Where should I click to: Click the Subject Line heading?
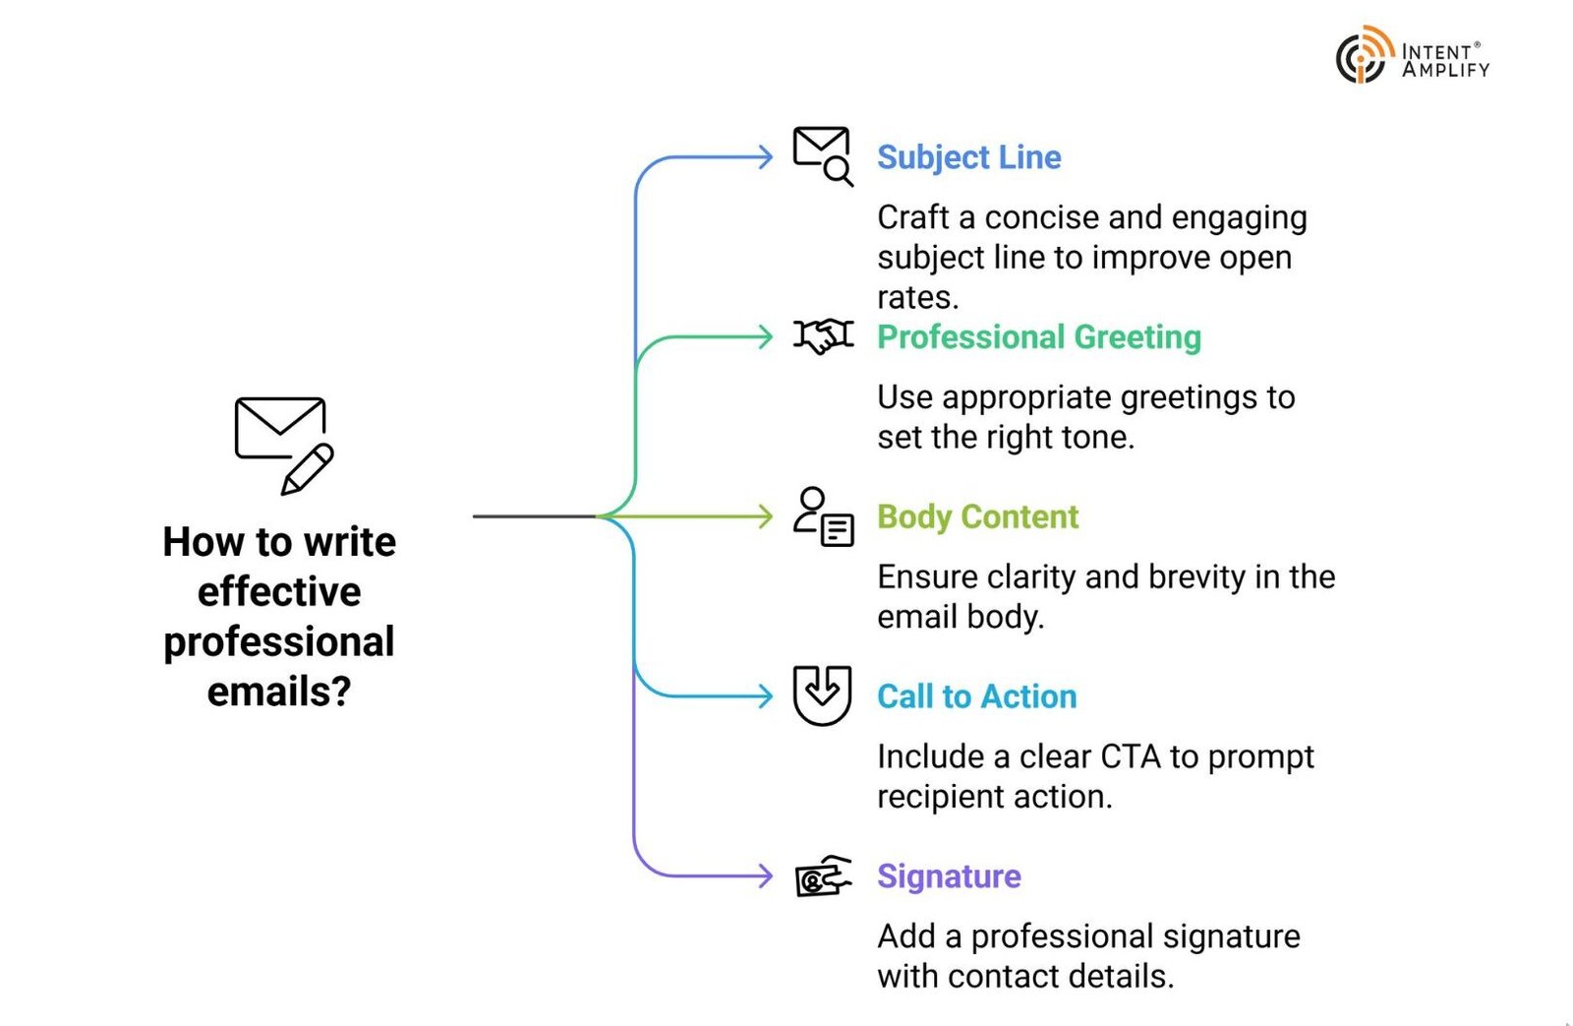(968, 157)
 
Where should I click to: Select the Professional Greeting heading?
(1038, 337)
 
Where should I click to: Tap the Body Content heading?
(977, 517)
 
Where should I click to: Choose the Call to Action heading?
(976, 696)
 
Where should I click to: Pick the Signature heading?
(949, 876)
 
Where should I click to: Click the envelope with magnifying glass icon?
(823, 155)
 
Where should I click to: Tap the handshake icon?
(824, 336)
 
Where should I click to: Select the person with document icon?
(823, 516)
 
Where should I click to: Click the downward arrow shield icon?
(822, 695)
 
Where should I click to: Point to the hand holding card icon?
(823, 875)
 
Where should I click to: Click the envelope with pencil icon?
(283, 444)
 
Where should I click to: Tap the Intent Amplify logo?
(1412, 56)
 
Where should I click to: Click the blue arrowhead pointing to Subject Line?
(765, 157)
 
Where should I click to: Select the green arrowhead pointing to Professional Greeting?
(765, 337)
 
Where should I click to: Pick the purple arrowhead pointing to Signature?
(765, 876)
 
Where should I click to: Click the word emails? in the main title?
(279, 692)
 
